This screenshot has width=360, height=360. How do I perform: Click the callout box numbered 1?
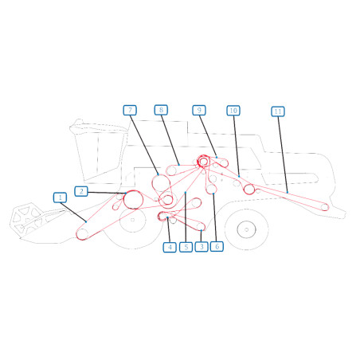pyautogui.click(x=60, y=198)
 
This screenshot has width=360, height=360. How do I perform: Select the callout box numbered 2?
pyautogui.click(x=81, y=191)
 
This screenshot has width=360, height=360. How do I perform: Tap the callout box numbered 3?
pyautogui.click(x=202, y=247)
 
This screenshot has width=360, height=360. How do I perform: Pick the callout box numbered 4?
pyautogui.click(x=170, y=247)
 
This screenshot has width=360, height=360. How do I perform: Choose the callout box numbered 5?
pyautogui.click(x=186, y=247)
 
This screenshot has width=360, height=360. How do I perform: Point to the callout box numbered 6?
pyautogui.click(x=217, y=246)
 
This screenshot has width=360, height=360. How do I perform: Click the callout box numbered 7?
pyautogui.click(x=130, y=110)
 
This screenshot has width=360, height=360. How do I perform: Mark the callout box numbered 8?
pyautogui.click(x=161, y=110)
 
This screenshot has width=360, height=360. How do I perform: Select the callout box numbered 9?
pyautogui.click(x=199, y=110)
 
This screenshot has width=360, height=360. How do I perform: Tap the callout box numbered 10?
pyautogui.click(x=233, y=111)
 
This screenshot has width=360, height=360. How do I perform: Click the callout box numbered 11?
pyautogui.click(x=278, y=112)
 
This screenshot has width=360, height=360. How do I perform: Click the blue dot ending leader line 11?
pyautogui.click(x=288, y=192)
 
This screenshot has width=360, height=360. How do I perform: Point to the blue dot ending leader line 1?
pyautogui.click(x=86, y=221)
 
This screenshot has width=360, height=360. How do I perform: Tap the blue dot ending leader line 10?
pyautogui.click(x=239, y=176)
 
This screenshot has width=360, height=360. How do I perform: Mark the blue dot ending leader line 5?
pyautogui.click(x=186, y=192)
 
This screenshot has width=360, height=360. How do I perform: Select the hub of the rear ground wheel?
pyautogui.click(x=246, y=229)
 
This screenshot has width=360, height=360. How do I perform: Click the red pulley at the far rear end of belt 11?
pyautogui.click(x=325, y=207)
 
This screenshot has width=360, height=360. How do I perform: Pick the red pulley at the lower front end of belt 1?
pyautogui.click(x=82, y=234)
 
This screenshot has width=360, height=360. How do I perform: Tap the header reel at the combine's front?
pyautogui.click(x=26, y=219)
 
